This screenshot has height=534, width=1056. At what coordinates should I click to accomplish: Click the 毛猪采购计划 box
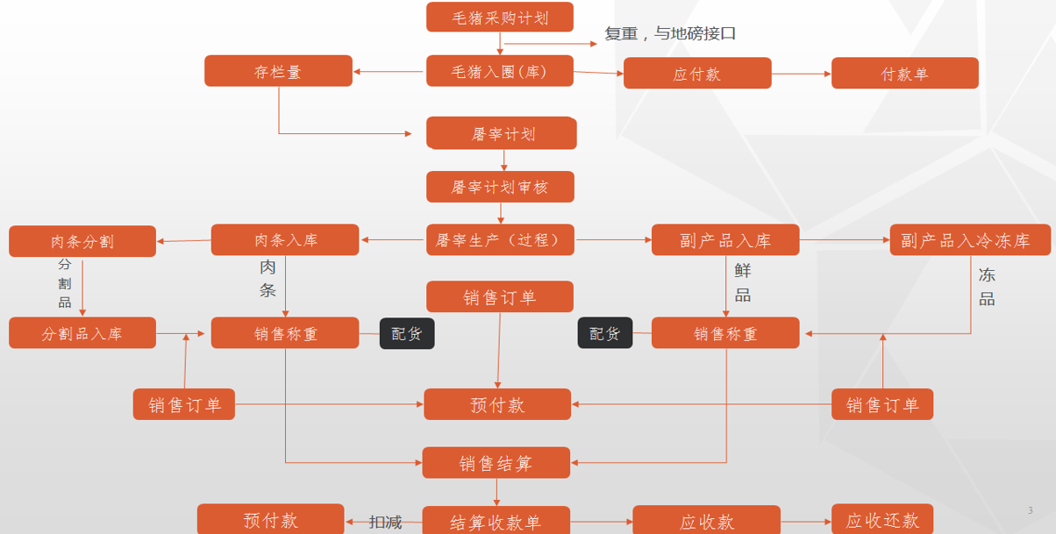pyautogui.click(x=500, y=17)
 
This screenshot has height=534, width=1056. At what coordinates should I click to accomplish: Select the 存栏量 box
pyautogui.click(x=278, y=71)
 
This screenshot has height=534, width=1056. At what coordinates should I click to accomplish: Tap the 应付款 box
pyautogui.click(x=697, y=73)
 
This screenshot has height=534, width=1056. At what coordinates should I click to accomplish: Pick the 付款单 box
pyautogui.click(x=904, y=73)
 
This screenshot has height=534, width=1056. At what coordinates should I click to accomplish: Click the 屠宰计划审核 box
pyautogui.click(x=500, y=187)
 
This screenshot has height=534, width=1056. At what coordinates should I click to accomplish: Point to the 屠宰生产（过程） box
pyautogui.click(x=500, y=240)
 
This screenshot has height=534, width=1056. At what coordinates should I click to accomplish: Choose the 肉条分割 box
pyautogui.click(x=82, y=241)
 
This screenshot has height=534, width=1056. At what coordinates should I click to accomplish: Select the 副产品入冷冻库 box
pyautogui.click(x=970, y=240)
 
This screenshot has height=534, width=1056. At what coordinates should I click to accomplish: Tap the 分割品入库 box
pyautogui.click(x=82, y=332)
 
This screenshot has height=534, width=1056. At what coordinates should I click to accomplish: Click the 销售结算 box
pyautogui.click(x=496, y=463)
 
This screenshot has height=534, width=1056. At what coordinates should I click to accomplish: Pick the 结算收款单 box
pyautogui.click(x=496, y=520)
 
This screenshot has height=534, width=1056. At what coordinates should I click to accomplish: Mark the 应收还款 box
pyautogui.click(x=882, y=519)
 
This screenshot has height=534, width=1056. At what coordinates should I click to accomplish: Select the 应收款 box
pyautogui.click(x=706, y=520)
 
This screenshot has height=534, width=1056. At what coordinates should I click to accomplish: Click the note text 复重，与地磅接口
pyautogui.click(x=670, y=33)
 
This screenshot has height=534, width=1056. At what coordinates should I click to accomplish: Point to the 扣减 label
pyautogui.click(x=385, y=522)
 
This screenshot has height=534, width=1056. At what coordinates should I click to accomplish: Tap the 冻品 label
pyautogui.click(x=987, y=287)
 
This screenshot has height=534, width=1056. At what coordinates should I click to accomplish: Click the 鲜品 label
pyautogui.click(x=743, y=283)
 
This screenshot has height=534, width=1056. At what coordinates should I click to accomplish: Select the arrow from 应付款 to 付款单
pyautogui.click(x=802, y=74)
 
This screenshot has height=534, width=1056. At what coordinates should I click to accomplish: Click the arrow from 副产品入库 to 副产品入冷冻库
pyautogui.click(x=845, y=240)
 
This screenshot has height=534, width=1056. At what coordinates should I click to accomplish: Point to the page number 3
pyautogui.click(x=1030, y=510)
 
